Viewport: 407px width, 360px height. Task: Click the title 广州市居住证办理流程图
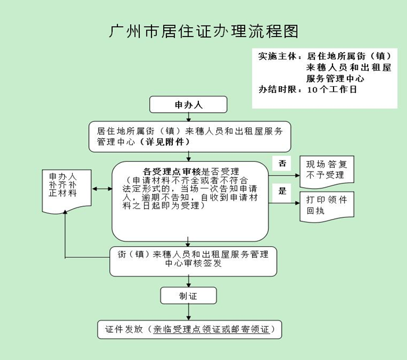[203, 32]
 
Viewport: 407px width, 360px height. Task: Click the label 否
[282, 164]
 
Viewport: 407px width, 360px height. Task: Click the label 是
[282, 191]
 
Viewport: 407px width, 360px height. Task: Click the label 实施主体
[278, 57]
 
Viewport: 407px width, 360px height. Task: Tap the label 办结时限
[278, 90]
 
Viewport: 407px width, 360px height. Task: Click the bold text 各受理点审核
[172, 171]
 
